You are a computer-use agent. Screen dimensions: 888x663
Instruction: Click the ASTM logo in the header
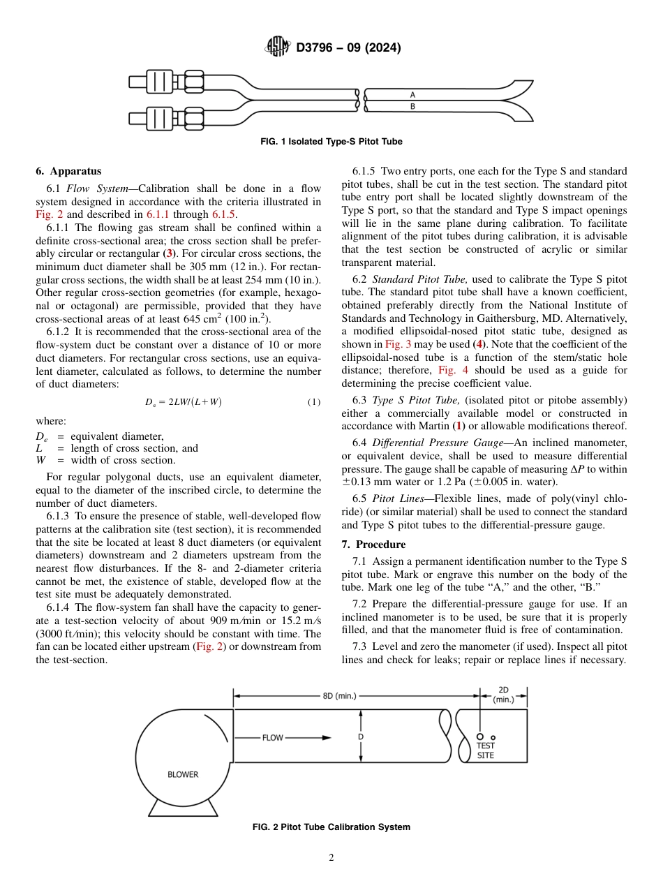[277, 47]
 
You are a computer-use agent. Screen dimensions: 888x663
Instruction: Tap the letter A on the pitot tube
[412, 94]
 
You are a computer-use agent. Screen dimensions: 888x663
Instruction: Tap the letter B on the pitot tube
[412, 107]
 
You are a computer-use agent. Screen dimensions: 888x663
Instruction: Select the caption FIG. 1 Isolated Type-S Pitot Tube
[331, 142]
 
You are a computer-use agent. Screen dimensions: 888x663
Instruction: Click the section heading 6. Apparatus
[68, 171]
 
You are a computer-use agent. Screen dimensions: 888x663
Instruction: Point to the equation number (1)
[313, 402]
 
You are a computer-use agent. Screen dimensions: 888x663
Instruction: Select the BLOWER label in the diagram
[183, 774]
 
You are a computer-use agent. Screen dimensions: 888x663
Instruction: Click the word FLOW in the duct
[273, 737]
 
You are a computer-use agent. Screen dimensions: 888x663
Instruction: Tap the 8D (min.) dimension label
[339, 696]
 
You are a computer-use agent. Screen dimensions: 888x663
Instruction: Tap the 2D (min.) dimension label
[503, 695]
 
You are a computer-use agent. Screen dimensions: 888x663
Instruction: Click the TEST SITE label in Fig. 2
[486, 750]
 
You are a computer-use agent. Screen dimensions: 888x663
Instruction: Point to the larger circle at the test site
[480, 737]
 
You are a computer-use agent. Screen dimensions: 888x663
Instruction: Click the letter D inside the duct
[361, 737]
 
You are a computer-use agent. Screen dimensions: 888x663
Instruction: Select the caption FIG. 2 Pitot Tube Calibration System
[331, 827]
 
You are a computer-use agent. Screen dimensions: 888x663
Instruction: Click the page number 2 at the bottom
[331, 858]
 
